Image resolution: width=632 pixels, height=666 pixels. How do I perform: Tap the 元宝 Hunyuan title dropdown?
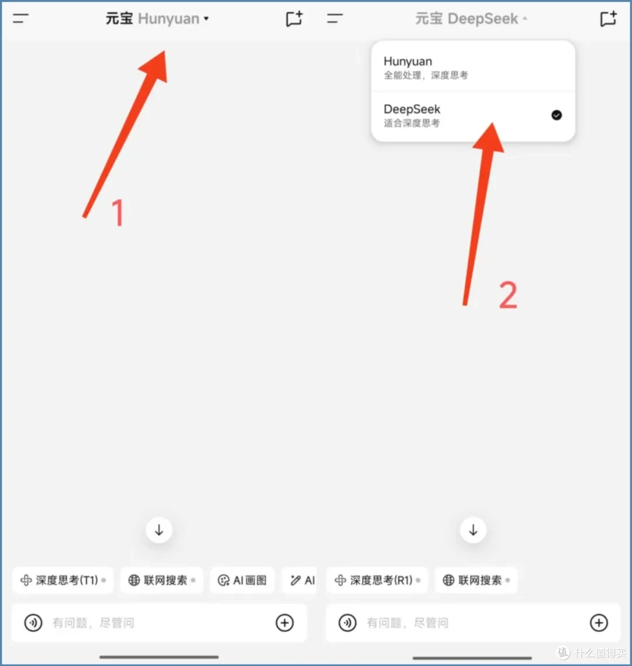(157, 19)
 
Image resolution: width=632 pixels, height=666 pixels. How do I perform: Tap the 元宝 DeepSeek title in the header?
(471, 19)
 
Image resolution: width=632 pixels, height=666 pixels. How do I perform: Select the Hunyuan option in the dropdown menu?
(473, 67)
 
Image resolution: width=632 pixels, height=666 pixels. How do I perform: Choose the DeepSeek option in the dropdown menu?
(473, 116)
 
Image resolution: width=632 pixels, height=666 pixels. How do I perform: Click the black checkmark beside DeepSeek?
(557, 115)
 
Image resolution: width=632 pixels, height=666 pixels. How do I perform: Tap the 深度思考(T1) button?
(63, 580)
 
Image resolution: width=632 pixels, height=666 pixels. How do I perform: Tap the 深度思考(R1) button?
(377, 580)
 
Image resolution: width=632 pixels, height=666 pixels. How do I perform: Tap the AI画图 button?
(242, 580)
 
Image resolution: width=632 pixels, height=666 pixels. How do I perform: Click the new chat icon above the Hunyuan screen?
(294, 19)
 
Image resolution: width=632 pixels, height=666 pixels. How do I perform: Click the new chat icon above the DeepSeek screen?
(608, 19)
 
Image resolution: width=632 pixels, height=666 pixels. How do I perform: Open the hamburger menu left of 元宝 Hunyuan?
(20, 18)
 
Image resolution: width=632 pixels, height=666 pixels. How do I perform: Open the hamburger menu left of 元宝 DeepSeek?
(335, 18)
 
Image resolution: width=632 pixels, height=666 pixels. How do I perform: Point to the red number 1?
(118, 213)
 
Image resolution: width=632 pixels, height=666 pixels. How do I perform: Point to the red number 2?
(509, 294)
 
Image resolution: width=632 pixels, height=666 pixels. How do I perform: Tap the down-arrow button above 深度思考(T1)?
(159, 530)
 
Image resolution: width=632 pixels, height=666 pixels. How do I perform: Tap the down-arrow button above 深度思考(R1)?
(473, 530)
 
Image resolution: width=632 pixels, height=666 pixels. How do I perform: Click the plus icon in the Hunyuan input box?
(285, 623)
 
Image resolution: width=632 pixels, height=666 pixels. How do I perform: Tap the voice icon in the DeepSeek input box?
(347, 623)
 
